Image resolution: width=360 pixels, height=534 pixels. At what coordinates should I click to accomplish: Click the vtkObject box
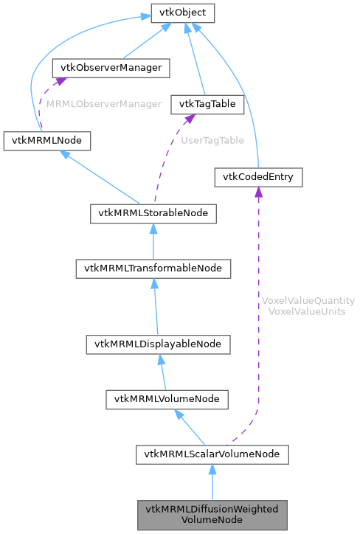(x=183, y=13)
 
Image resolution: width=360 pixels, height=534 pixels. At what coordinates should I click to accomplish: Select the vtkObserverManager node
(x=111, y=68)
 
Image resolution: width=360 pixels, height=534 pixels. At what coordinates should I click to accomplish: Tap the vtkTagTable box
(x=207, y=104)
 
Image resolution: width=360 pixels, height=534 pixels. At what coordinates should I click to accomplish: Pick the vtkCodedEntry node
(x=258, y=177)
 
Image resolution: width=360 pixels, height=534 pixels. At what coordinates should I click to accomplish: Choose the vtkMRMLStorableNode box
(x=153, y=214)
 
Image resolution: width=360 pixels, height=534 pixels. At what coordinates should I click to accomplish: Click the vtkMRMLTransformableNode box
(x=153, y=268)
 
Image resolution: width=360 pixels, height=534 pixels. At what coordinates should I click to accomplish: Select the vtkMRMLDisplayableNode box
(x=158, y=344)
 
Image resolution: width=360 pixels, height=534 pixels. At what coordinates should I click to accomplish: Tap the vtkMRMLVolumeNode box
(x=167, y=399)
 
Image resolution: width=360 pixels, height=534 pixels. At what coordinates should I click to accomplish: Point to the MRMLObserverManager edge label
(x=103, y=104)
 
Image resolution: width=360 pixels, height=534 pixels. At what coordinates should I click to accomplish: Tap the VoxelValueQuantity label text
(x=308, y=301)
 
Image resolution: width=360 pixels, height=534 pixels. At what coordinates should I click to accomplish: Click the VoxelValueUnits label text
(x=308, y=311)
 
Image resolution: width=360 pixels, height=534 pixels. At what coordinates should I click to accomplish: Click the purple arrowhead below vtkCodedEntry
(x=258, y=193)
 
